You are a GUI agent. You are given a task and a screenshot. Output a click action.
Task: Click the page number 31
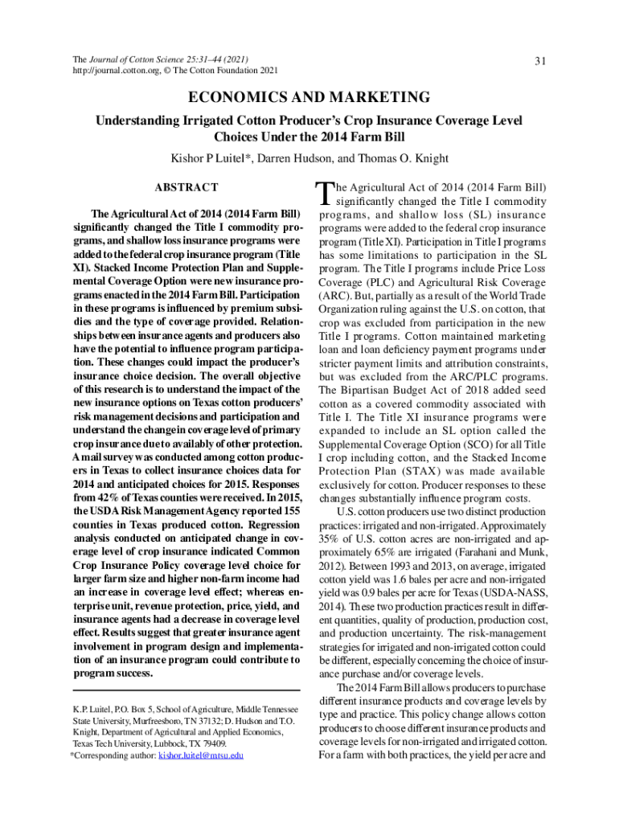tap(539, 61)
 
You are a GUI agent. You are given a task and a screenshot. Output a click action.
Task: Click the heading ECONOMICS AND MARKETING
tap(309, 97)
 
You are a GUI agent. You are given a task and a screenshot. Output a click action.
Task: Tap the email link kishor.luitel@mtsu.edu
tap(201, 755)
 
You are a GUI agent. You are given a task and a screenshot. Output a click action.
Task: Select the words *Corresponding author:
tap(103, 755)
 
